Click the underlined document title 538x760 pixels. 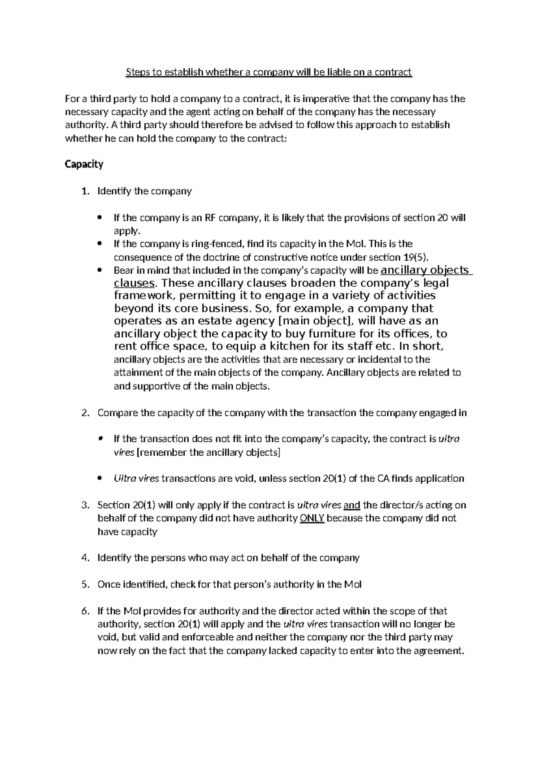(x=268, y=72)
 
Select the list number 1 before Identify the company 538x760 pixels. (x=85, y=191)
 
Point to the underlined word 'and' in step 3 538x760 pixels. (x=351, y=505)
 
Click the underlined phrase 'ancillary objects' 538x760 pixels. (x=424, y=270)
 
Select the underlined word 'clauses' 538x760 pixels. (x=134, y=283)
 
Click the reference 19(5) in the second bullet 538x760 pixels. (x=416, y=257)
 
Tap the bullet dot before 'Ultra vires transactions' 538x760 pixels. (x=100, y=479)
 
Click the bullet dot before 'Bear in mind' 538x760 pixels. (x=100, y=271)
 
